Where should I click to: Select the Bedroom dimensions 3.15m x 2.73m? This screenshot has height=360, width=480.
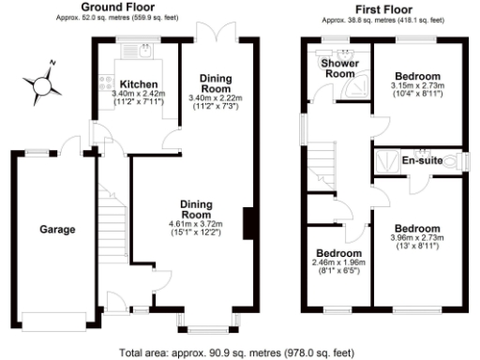pyautogui.click(x=416, y=86)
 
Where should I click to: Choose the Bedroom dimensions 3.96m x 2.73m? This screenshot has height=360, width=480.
pyautogui.click(x=416, y=239)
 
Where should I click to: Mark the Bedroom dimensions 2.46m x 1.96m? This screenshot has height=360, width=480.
pyautogui.click(x=338, y=263)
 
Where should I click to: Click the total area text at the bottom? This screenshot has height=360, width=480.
pyautogui.click(x=239, y=352)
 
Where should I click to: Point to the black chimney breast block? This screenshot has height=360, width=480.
pyautogui.click(x=249, y=222)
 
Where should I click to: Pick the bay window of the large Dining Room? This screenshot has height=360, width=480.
pyautogui.click(x=198, y=327)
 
